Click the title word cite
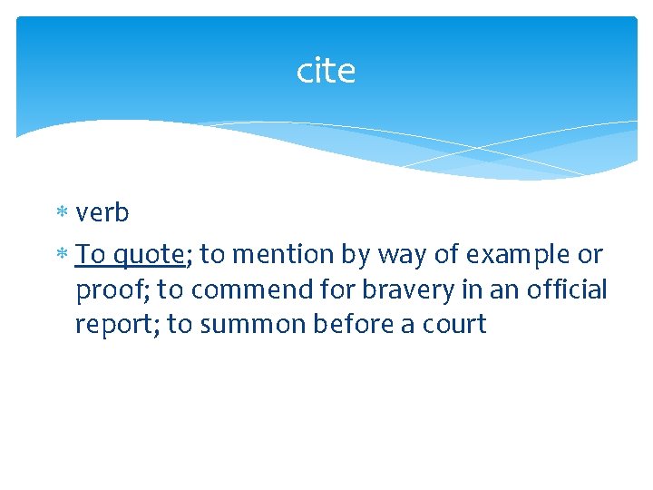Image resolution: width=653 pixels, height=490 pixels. point(326,71)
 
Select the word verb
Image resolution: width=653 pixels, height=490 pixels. point(102,213)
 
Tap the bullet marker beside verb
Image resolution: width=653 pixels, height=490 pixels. point(63,214)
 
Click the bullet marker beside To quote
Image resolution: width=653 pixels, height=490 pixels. point(63,256)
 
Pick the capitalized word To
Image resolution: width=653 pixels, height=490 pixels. point(91,255)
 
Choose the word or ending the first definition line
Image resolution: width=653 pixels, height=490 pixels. point(590,256)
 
